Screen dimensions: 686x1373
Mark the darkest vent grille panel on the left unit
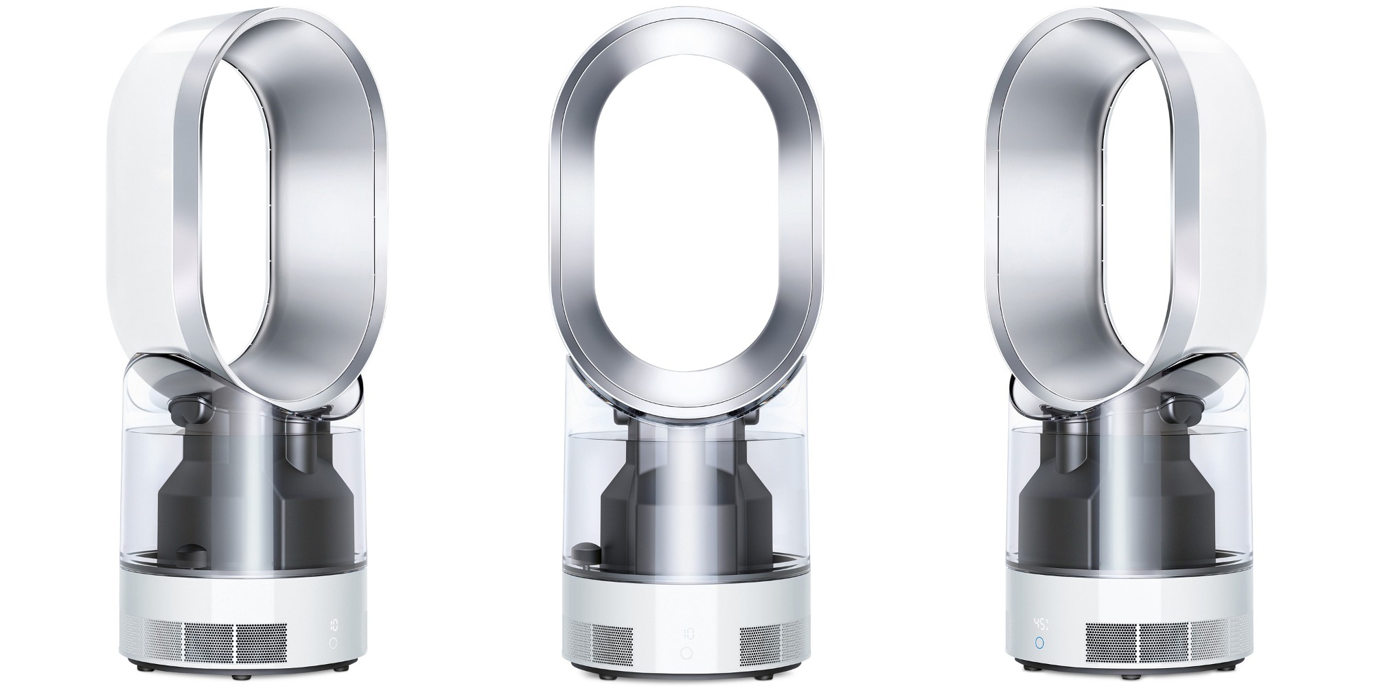coord(262,643)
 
